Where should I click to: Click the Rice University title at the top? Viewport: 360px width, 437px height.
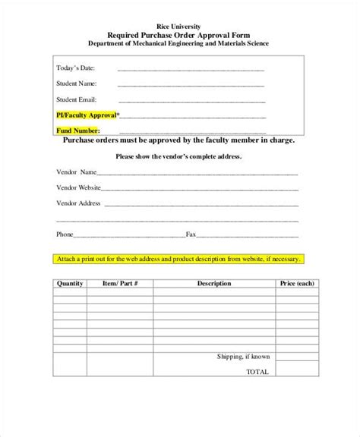(x=180, y=26)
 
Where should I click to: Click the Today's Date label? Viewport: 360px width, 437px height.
(x=77, y=69)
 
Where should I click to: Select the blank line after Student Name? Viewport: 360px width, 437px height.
(x=191, y=85)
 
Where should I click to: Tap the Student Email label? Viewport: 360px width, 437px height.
(x=78, y=99)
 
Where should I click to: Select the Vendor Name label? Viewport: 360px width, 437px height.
(x=77, y=171)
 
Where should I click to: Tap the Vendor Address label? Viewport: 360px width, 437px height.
(x=79, y=203)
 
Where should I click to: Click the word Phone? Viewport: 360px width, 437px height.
(x=65, y=234)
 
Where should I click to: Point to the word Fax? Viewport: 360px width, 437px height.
(x=191, y=234)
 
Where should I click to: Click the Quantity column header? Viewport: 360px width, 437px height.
(x=71, y=283)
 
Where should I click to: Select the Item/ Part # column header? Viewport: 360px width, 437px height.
(x=120, y=283)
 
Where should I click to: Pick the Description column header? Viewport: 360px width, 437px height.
(x=213, y=283)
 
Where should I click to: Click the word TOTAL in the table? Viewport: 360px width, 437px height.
(x=258, y=372)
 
